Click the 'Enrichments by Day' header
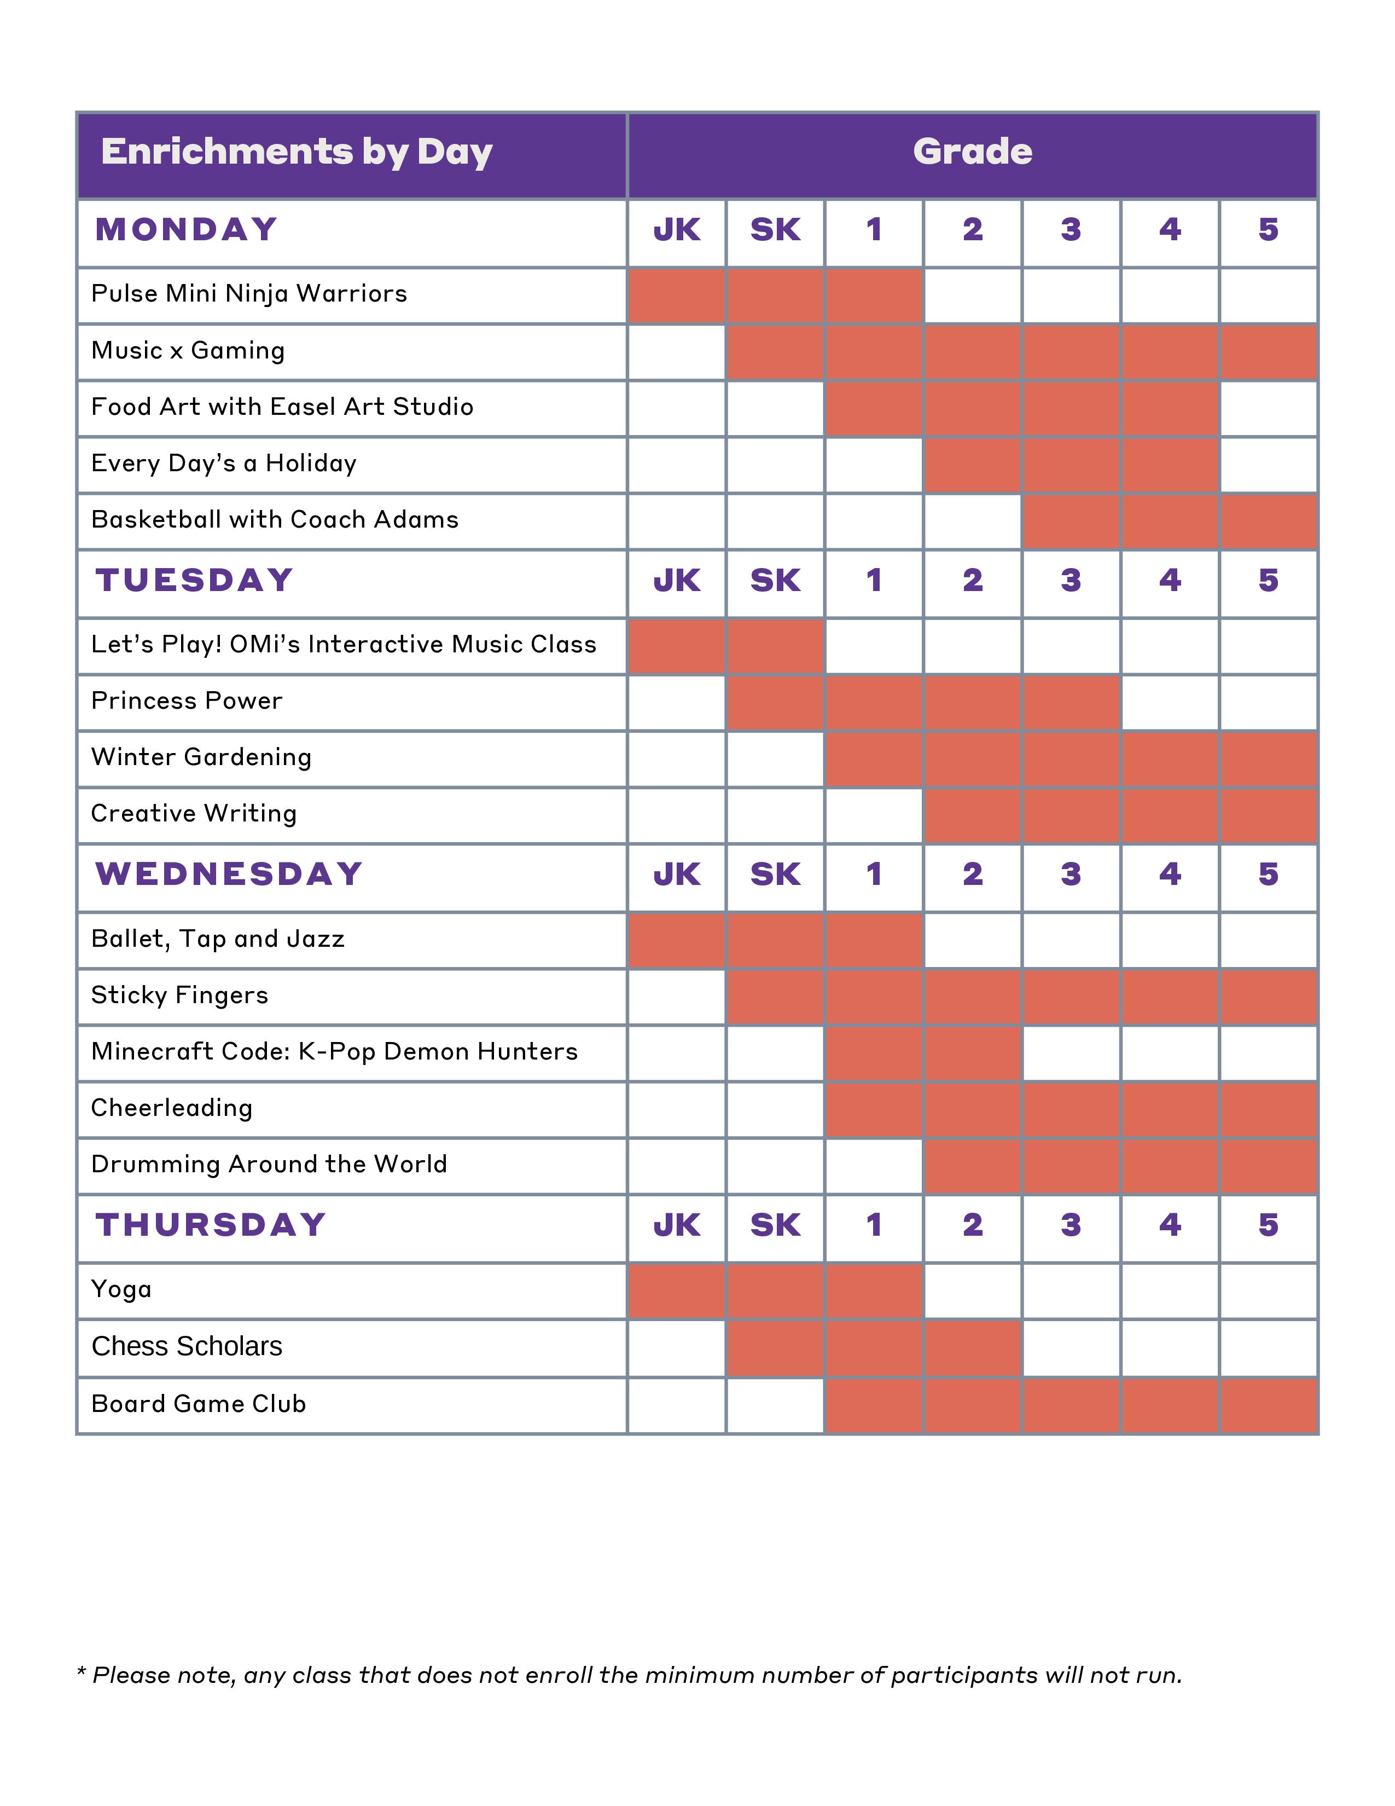pyautogui.click(x=296, y=152)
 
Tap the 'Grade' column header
pyautogui.click(x=972, y=152)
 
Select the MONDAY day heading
pyautogui.click(x=186, y=230)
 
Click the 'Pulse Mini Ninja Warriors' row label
pyautogui.click(x=249, y=294)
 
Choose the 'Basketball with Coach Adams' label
pyautogui.click(x=275, y=520)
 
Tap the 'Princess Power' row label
pyautogui.click(x=187, y=701)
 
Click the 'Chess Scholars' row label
pyautogui.click(x=187, y=1346)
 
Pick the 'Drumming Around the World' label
pyautogui.click(x=269, y=1164)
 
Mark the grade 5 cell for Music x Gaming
pyautogui.click(x=1268, y=351)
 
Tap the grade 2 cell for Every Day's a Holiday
pyautogui.click(x=972, y=464)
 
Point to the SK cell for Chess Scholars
pyautogui.click(x=775, y=1347)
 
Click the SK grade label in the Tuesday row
pyautogui.click(x=775, y=581)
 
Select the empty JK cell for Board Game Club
pyautogui.click(x=677, y=1404)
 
